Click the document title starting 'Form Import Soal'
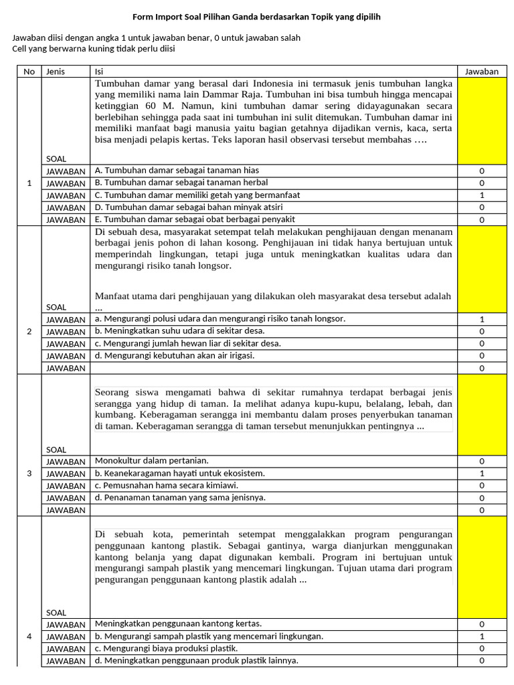256,16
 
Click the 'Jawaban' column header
481,72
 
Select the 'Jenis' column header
55,72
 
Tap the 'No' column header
29,72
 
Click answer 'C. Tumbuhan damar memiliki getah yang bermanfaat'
197,195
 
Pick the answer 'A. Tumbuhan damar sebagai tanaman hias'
177,171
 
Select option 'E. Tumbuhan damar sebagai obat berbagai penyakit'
195,219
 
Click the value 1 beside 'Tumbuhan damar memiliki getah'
481,195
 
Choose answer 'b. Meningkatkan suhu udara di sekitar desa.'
179,331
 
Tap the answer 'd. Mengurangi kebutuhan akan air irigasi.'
174,355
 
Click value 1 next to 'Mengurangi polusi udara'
481,319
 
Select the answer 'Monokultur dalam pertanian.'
152,460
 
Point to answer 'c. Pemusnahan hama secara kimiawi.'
167,485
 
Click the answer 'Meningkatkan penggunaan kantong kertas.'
178,623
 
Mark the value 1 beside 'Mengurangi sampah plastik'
481,636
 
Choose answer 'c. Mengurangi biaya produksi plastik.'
167,648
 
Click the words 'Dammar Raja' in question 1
226,95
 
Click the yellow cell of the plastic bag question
481,567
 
